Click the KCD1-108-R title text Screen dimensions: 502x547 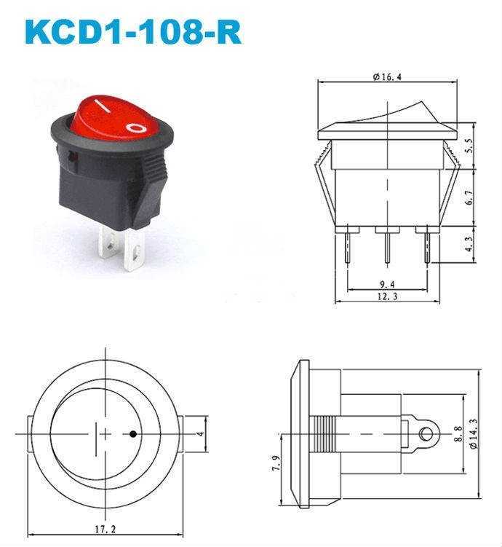click(133, 32)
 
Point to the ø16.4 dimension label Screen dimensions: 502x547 click(387, 76)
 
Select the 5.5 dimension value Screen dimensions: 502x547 click(469, 146)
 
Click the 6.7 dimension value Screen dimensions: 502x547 click(469, 197)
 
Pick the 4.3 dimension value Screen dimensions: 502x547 click(469, 244)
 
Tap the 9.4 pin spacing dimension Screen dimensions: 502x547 click(387, 284)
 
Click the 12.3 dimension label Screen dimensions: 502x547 click(387, 296)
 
